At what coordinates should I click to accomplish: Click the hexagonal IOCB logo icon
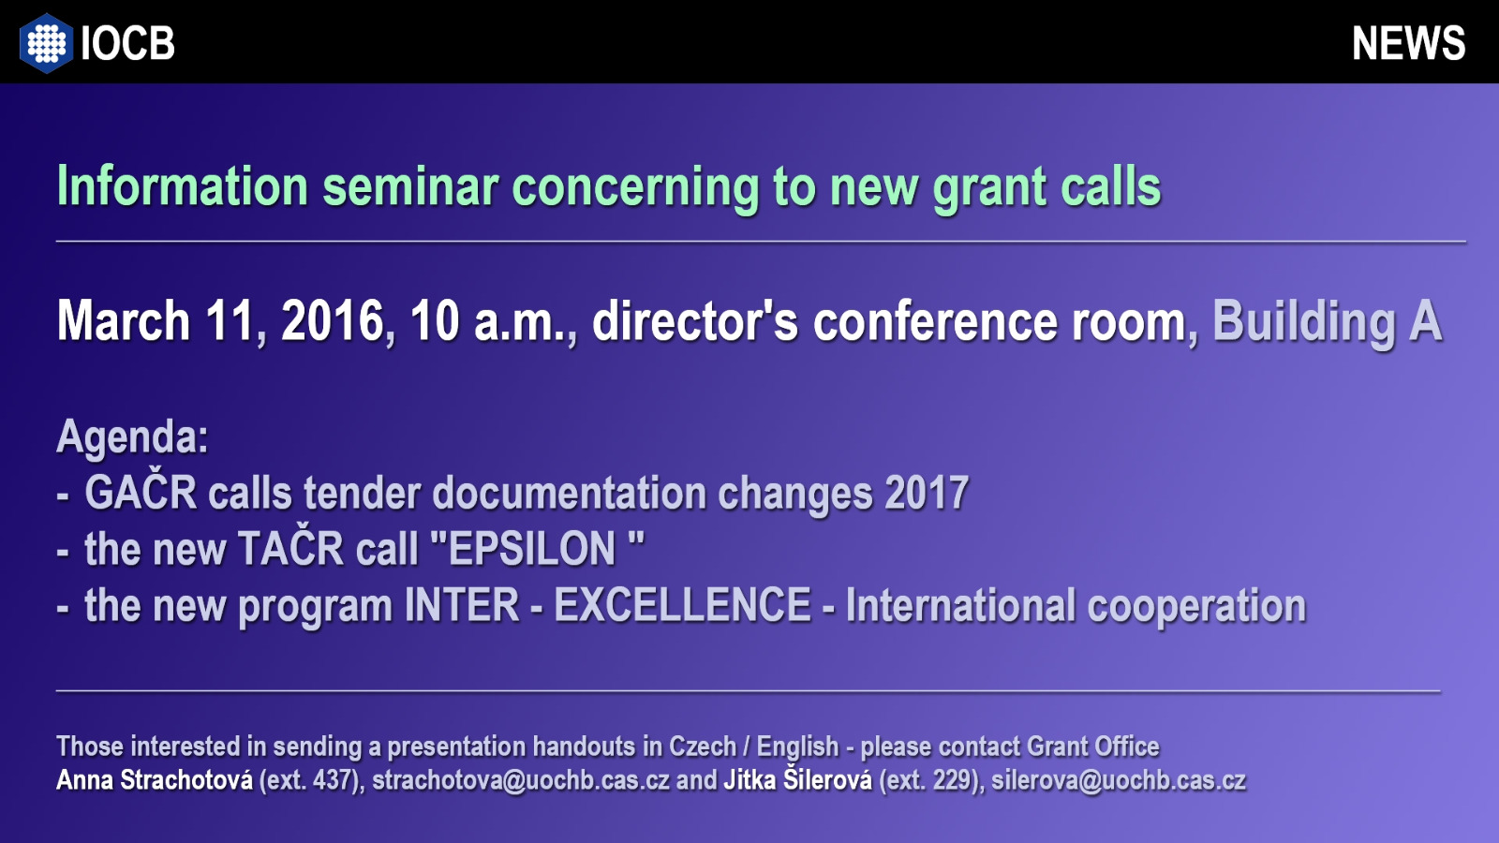46,43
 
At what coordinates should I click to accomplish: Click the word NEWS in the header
1409,43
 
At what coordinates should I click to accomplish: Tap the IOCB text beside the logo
127,43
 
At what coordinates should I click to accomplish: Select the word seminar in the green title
411,186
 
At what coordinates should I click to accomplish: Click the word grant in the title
989,188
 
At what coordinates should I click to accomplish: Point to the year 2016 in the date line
332,321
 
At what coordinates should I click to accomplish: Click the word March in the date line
124,320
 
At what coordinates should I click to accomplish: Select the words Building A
1327,322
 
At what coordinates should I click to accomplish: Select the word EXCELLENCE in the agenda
683,605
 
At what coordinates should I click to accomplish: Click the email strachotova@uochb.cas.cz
521,781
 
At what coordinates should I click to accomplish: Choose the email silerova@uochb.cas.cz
1119,781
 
